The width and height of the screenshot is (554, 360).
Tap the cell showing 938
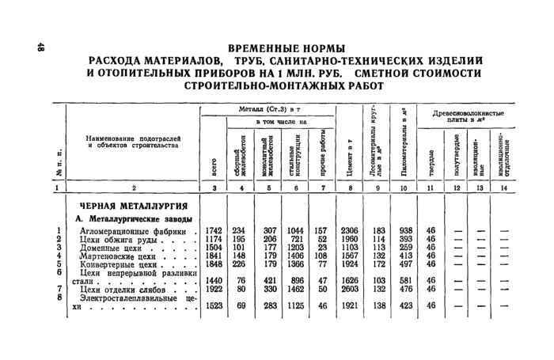point(405,230)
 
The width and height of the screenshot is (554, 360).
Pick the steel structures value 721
point(295,239)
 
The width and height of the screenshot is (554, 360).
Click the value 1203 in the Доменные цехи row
point(294,248)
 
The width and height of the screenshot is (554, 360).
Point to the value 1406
point(294,256)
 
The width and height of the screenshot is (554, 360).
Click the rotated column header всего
point(214,167)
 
